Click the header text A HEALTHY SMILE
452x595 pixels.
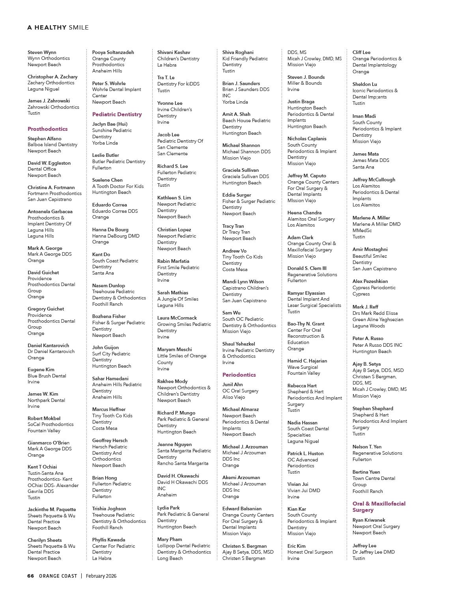coord(58,28)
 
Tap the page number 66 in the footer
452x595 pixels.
coord(30,576)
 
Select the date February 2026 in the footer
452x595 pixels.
coord(101,576)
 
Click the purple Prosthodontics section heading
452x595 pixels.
coord(47,129)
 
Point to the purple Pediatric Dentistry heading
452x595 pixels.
coord(117,114)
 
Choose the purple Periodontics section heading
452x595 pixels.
coord(239,375)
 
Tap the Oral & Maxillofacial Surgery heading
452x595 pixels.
coord(379,507)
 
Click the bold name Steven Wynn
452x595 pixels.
coord(42,52)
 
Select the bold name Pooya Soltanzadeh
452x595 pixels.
coord(113,52)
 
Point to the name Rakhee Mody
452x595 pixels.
coord(172,381)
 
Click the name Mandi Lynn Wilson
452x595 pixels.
coord(243,282)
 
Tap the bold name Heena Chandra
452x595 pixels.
coord(304,213)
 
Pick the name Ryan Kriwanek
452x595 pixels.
coord(369,520)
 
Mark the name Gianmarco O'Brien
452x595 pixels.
coord(49,443)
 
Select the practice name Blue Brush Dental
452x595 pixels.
coord(47,376)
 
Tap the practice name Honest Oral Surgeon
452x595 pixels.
coord(310,552)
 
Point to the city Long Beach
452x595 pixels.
coord(170,558)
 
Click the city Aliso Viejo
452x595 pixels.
coord(233,397)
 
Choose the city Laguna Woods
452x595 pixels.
coord(369,326)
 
